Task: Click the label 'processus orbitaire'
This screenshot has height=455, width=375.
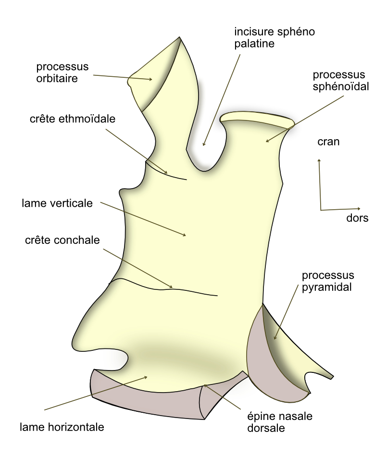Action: pos(62,72)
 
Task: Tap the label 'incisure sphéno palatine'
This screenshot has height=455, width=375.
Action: pos(275,38)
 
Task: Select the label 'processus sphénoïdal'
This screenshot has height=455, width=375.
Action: pos(341,80)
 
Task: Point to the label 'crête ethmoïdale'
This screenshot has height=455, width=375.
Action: pos(73,119)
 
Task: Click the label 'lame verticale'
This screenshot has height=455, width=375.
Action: pos(57,203)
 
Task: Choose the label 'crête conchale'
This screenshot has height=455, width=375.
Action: pos(62,240)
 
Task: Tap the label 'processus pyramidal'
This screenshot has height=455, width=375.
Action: pos(328,281)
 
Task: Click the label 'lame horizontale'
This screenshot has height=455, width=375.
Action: pos(62,427)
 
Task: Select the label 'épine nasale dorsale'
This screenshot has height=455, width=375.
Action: pos(280,422)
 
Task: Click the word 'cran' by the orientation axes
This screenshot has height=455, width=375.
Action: pos(328,142)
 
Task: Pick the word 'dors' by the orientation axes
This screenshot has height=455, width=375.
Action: pos(357,218)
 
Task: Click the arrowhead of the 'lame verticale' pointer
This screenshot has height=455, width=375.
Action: pos(185,235)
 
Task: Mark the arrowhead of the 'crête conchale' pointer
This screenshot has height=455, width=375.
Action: pos(172,287)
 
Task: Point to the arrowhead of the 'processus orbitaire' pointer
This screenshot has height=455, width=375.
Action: pos(151,79)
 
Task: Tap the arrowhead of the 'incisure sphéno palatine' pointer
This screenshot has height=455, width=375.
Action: pos(203,145)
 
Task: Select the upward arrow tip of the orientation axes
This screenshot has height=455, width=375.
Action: pos(319,159)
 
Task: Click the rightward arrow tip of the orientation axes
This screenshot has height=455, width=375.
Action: pos(360,208)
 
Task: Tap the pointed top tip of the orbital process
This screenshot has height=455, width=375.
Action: pos(179,37)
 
